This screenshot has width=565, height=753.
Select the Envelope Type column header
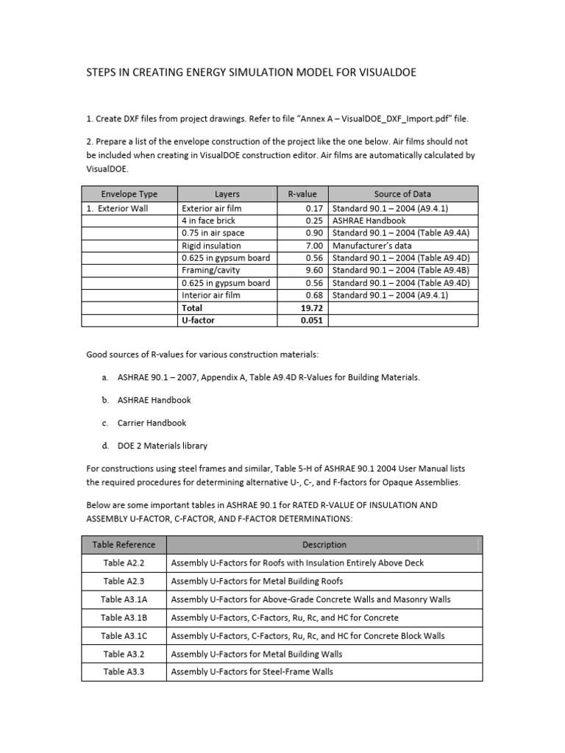[129, 194]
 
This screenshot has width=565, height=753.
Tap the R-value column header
[302, 194]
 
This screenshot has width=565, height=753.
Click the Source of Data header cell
[402, 194]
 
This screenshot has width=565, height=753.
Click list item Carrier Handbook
[152, 423]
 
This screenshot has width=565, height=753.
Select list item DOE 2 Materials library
[162, 446]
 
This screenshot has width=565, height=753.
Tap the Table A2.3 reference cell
[124, 581]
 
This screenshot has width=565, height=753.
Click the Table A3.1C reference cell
[124, 635]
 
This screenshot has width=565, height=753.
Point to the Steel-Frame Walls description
[252, 671]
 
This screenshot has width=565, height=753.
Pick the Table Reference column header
[124, 545]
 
